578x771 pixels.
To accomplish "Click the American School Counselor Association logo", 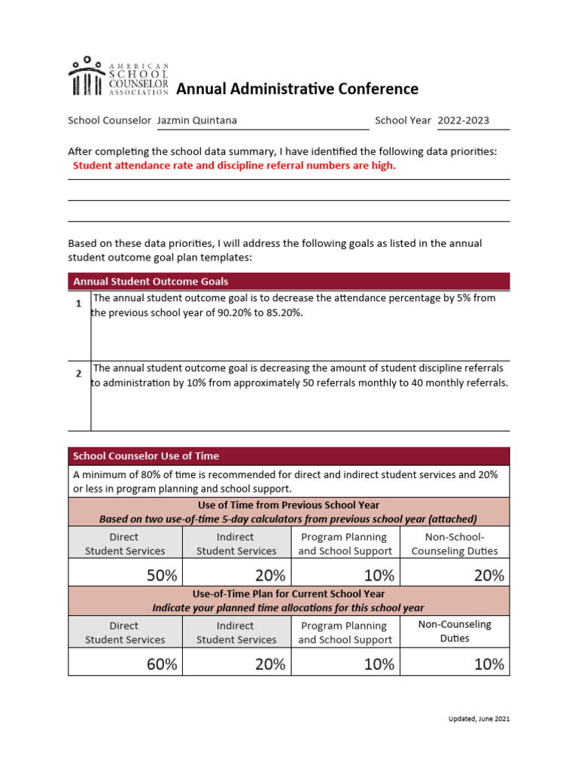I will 118,77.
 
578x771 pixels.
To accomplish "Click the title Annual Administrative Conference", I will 297,90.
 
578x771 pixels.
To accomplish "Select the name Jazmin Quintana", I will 196,120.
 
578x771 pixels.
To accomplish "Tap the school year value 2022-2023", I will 463,120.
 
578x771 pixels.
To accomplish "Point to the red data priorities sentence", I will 233,166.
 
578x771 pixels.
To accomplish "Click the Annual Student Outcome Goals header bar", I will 288,282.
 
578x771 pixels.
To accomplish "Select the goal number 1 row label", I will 78,304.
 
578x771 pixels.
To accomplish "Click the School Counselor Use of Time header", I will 288,456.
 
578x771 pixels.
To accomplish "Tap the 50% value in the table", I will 162,576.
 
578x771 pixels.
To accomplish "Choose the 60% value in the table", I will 162,664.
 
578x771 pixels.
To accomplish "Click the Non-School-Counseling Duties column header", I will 455,544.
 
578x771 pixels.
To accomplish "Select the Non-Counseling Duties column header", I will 455,631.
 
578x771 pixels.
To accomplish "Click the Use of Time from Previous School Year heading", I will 288,505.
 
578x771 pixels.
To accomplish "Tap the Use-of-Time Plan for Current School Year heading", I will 288,593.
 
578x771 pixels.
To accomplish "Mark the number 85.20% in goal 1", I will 281,312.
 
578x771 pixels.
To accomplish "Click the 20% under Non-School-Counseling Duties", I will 488,576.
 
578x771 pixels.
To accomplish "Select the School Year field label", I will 403,120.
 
